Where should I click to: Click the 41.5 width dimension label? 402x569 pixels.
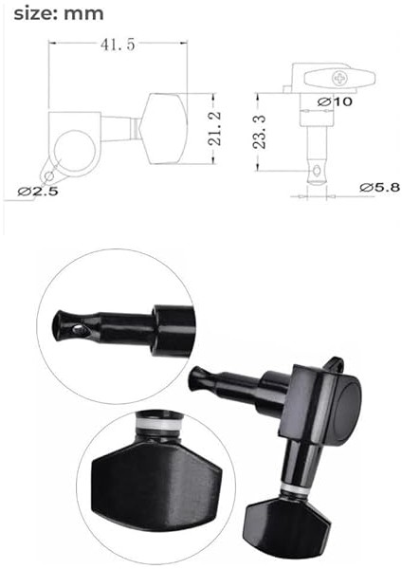[x=118, y=45]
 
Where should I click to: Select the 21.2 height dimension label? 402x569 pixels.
[x=214, y=128]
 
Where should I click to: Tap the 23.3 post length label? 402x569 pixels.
[x=260, y=132]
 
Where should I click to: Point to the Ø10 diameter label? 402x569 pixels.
[x=335, y=101]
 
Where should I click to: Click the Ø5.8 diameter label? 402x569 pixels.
[x=380, y=187]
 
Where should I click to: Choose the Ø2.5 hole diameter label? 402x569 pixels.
[x=38, y=191]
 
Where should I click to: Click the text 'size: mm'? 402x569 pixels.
[x=59, y=14]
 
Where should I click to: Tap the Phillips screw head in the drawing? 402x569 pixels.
[x=340, y=78]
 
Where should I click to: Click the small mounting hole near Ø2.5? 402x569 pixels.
[x=48, y=176]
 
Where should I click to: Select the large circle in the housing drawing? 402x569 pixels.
[x=75, y=151]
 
